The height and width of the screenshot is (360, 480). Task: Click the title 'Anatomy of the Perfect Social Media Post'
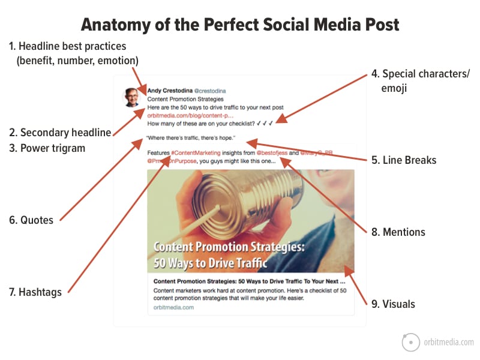(240, 25)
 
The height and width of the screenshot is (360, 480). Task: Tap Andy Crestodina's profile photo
(132, 97)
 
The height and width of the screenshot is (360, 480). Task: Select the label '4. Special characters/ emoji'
(420, 82)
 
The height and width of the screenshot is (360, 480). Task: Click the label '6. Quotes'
(31, 220)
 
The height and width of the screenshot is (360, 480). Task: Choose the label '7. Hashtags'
(36, 292)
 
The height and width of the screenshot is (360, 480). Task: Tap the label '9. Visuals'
(393, 304)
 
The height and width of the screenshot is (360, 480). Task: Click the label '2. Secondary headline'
(60, 133)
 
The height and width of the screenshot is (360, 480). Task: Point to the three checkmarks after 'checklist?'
(265, 124)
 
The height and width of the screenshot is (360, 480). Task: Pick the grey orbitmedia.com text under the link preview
(172, 307)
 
